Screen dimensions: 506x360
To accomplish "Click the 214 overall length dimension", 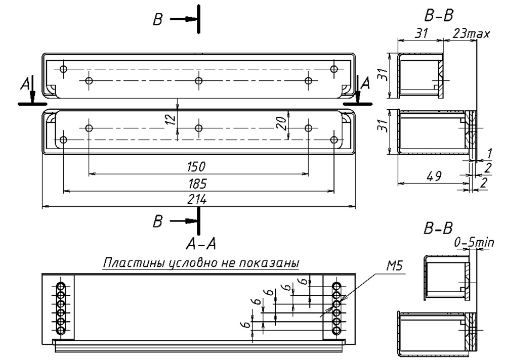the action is [197, 200].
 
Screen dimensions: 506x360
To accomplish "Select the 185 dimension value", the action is [197, 184].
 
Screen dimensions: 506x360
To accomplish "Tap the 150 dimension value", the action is [196, 167].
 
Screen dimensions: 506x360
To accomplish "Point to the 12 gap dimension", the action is [172, 118].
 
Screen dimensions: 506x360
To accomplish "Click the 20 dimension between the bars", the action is [281, 123].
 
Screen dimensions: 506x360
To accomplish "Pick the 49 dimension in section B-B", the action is [434, 176].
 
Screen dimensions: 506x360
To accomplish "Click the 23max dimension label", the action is [472, 33].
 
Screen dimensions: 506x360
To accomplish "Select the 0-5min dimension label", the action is [474, 242].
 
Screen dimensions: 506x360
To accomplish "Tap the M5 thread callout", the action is [395, 266].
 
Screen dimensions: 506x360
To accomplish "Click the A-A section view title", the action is [201, 244].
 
